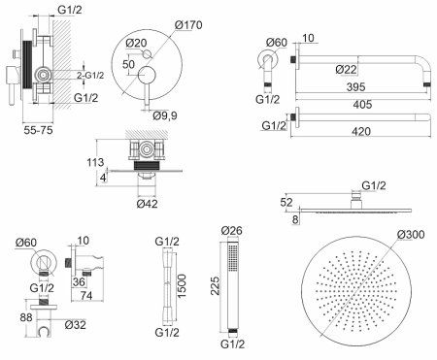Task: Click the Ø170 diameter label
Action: (x=188, y=25)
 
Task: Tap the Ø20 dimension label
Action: (x=136, y=43)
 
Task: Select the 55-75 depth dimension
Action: (x=38, y=130)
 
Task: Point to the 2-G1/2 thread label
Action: (x=90, y=76)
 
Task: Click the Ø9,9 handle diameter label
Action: (x=165, y=115)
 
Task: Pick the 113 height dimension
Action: (x=95, y=162)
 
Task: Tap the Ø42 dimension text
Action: (x=148, y=204)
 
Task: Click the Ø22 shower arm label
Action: (x=346, y=69)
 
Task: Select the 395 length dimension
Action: (x=355, y=86)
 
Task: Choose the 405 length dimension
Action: (x=362, y=104)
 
